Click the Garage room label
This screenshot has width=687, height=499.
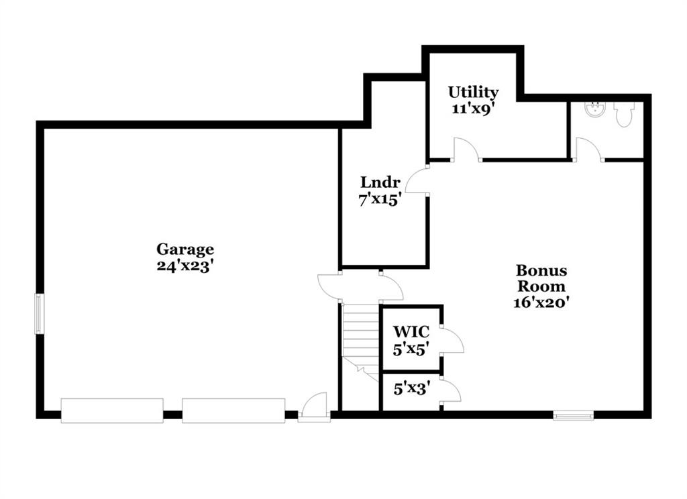(x=185, y=249)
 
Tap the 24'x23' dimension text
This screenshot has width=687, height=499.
(x=185, y=266)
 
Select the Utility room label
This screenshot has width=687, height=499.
(x=473, y=93)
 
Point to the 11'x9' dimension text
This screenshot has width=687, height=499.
(x=473, y=108)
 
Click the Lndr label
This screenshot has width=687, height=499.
(x=380, y=182)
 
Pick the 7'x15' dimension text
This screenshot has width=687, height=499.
(x=380, y=200)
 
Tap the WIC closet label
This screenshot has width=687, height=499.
(x=411, y=331)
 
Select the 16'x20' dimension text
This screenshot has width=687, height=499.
(x=541, y=302)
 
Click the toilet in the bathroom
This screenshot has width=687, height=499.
(x=624, y=114)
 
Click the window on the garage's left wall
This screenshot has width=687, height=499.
(x=40, y=314)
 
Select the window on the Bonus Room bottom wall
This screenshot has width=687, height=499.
(x=573, y=415)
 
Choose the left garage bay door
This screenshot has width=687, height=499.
(x=112, y=410)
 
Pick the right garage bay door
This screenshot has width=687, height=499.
(x=233, y=410)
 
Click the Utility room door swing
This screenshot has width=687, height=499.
(x=467, y=150)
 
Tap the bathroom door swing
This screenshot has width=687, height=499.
(x=589, y=150)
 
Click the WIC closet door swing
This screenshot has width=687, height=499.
(x=453, y=339)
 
